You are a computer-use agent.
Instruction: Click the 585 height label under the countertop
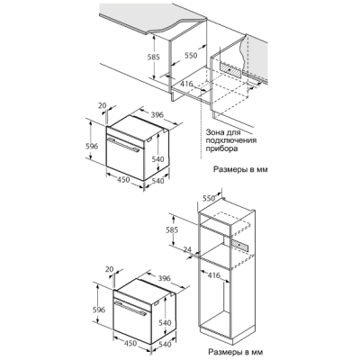click(x=153, y=57)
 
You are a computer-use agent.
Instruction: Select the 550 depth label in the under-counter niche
click(x=191, y=55)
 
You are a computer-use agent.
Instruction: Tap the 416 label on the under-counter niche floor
click(x=186, y=85)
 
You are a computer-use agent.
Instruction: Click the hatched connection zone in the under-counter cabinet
click(x=230, y=69)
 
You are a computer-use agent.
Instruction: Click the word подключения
click(x=231, y=140)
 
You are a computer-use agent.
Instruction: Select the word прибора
click(x=221, y=148)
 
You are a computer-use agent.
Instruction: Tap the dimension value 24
click(x=187, y=249)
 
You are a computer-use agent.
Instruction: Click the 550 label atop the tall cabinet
click(x=209, y=198)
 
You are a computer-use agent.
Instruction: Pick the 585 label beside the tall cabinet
click(x=172, y=230)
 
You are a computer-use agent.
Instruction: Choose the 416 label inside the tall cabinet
click(x=213, y=274)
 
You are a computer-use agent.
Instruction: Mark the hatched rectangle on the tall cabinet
click(x=239, y=246)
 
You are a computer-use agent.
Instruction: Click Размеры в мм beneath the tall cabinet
click(x=234, y=351)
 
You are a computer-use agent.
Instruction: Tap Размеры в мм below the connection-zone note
click(x=240, y=169)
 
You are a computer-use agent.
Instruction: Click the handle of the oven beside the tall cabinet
click(x=130, y=308)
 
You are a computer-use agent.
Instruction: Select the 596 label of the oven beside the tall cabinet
click(x=99, y=310)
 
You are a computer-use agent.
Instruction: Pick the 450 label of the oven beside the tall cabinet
click(x=130, y=343)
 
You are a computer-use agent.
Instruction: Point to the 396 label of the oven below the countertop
click(x=157, y=114)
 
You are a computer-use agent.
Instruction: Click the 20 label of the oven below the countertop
click(x=103, y=105)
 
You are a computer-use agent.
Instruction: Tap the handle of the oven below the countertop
click(x=122, y=144)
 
